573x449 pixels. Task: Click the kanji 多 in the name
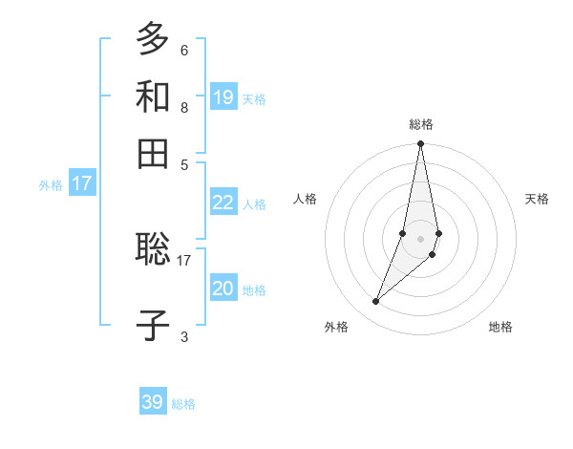[x=153, y=38]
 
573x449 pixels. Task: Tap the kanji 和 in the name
[x=153, y=96]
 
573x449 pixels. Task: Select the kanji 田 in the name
[x=153, y=153]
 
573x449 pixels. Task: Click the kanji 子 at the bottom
[x=153, y=326]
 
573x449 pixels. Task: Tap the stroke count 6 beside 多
[x=183, y=50]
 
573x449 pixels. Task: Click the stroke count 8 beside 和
[x=183, y=107]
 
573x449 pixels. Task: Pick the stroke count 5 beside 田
[x=183, y=164]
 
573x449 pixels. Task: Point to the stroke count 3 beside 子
[x=183, y=336]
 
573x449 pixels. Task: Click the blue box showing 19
[x=223, y=96]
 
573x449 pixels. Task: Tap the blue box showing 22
[x=223, y=202]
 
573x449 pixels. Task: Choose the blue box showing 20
[x=223, y=288]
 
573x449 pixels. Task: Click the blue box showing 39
[x=153, y=402]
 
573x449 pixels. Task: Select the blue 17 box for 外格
[x=82, y=183]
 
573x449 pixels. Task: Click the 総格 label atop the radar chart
[x=421, y=124]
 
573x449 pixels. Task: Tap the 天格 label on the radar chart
[x=537, y=199]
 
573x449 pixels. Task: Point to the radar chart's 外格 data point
[x=376, y=302]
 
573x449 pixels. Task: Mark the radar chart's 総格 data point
[x=421, y=144]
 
